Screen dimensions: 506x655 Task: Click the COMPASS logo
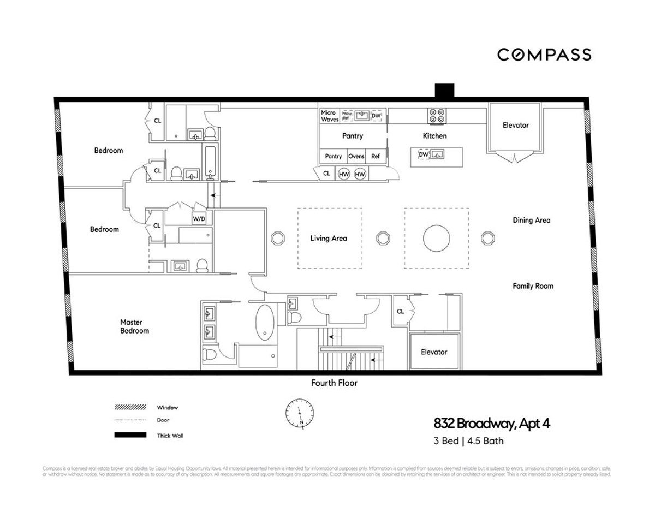point(544,55)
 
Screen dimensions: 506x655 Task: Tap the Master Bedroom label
point(134,326)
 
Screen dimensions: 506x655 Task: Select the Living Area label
point(329,238)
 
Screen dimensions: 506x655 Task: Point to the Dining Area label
point(531,221)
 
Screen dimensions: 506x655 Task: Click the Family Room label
point(533,286)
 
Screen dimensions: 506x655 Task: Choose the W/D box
point(199,219)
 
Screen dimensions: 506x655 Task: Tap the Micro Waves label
point(330,116)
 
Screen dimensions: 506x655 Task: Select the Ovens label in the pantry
point(356,156)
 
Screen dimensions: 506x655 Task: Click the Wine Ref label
point(346,116)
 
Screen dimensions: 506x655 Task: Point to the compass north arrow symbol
point(298,414)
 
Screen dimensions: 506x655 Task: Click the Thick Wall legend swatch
point(130,435)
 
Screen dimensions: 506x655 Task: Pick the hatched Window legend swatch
point(130,407)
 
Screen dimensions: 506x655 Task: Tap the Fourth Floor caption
point(334,383)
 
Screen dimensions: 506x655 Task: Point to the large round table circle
point(437,238)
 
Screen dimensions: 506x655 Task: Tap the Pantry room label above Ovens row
point(353,136)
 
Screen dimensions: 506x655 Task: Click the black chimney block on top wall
point(444,90)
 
